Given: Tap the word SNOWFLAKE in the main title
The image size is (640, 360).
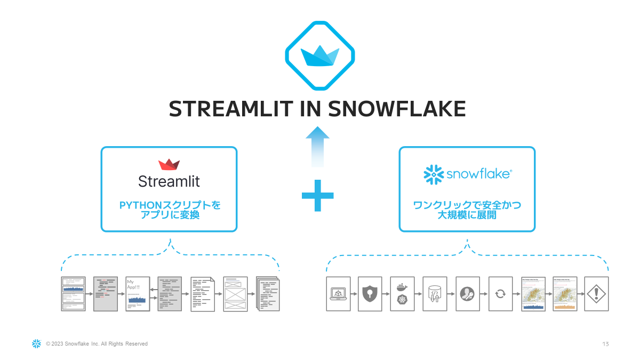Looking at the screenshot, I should [396, 109].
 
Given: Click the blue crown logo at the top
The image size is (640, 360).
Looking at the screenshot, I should [320, 56].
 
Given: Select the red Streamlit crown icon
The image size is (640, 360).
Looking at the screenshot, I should [169, 164].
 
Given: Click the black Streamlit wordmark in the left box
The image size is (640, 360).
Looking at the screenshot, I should [169, 181].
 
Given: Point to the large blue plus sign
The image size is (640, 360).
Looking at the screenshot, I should [318, 195].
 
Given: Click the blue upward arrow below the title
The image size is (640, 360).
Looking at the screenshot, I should [318, 147].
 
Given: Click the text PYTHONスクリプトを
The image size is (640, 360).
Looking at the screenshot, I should [170, 205].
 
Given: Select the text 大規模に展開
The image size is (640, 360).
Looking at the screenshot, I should [467, 215].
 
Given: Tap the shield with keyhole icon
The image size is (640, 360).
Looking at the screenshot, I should [370, 293].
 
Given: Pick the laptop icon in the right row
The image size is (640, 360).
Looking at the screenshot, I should [338, 293].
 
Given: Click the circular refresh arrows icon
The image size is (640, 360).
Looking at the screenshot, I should [500, 293].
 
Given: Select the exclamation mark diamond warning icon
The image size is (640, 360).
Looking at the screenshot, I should [596, 293].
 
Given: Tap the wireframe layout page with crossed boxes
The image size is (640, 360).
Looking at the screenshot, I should [235, 293].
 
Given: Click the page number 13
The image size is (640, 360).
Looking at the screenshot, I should [605, 344].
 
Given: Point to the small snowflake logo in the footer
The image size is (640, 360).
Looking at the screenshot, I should [36, 344].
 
